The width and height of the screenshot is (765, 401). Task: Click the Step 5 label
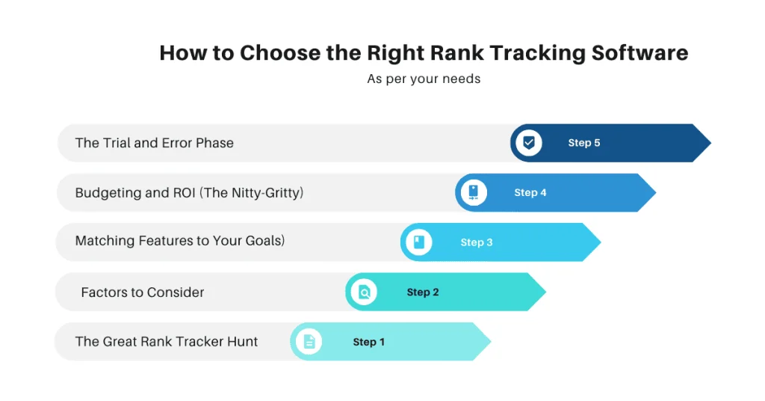pos(583,143)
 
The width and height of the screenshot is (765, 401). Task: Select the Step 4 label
pos(530,193)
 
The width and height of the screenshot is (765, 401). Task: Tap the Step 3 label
pos(477,242)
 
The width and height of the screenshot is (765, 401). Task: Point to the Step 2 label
pos(423,293)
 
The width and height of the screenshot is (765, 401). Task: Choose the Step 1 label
pos(368,342)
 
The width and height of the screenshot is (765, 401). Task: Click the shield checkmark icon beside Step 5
pos(529,143)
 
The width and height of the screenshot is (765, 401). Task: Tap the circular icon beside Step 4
pos(474,193)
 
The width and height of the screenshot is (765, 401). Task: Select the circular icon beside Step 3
pos(419,242)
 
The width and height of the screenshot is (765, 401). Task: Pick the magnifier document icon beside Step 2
pos(364,293)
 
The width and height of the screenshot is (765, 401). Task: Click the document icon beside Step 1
pos(309,342)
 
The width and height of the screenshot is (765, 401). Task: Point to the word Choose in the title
pos(279,54)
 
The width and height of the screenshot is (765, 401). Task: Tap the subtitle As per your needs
pos(424,79)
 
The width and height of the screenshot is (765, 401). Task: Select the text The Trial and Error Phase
pos(155,143)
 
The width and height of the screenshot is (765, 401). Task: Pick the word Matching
pos(105,242)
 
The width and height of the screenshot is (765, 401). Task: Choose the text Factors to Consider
pos(143,293)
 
